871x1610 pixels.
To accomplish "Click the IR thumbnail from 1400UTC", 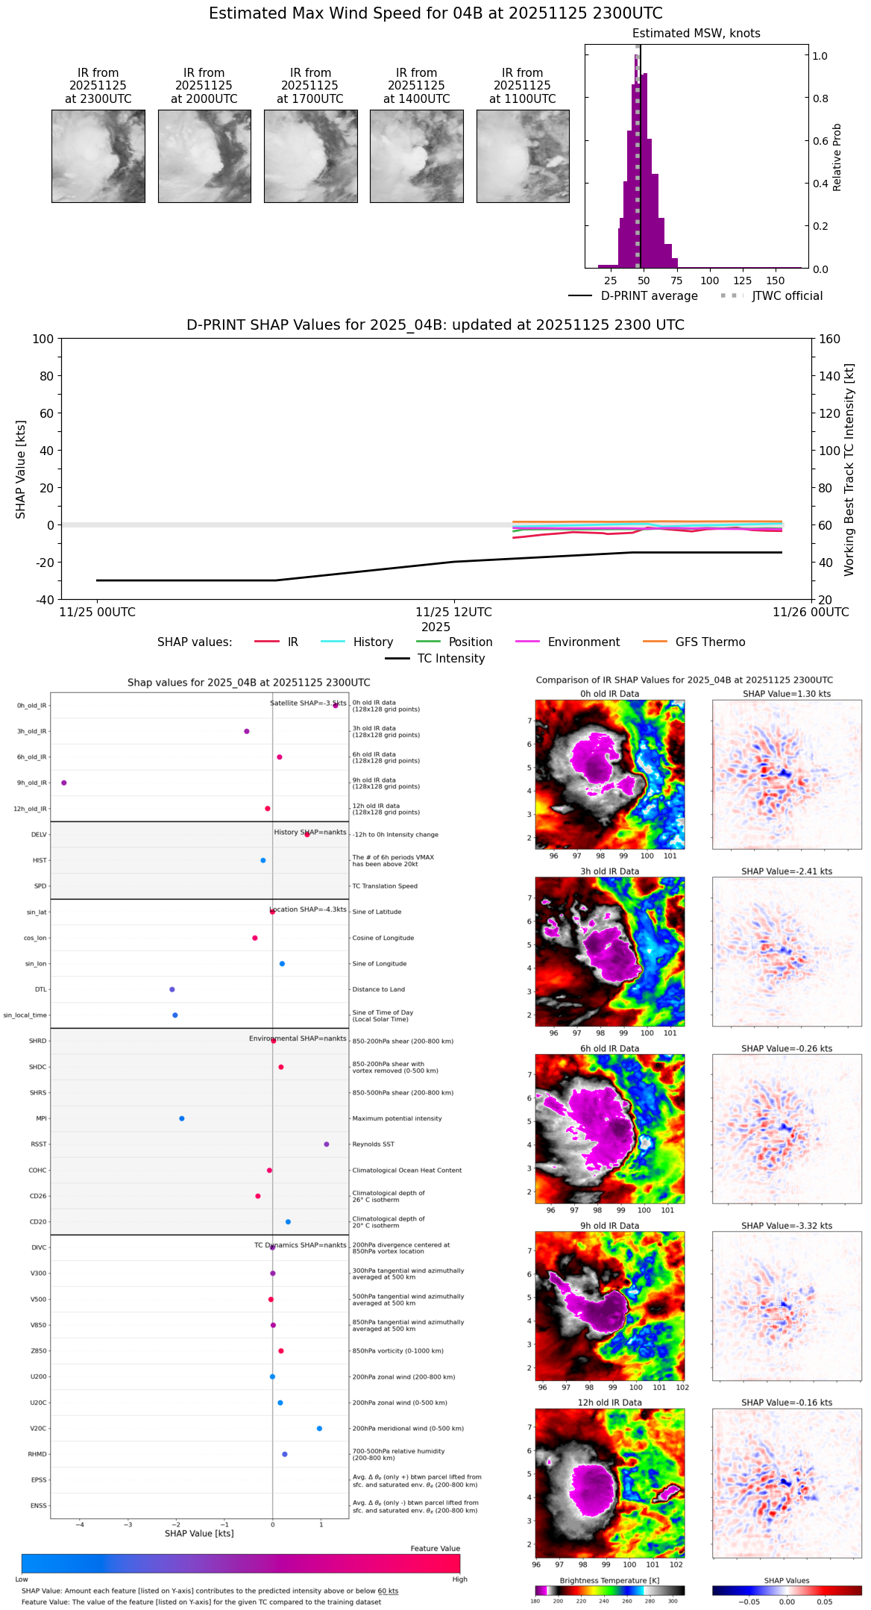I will pos(416,156).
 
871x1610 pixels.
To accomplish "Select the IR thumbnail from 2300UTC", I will pos(98,156).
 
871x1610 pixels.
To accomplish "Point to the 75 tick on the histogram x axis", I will pos(676,281).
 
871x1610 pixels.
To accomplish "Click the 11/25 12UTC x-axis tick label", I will pos(453,613).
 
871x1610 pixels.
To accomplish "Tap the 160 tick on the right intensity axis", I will pos(829,339).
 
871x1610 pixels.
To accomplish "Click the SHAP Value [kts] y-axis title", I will pos(21,469).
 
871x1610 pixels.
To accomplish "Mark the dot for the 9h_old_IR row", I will pos(64,783).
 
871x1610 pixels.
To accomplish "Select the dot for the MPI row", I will pos(182,1118).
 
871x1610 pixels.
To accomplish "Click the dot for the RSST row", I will pos(327,1144).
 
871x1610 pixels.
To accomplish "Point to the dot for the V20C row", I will pos(319,1428).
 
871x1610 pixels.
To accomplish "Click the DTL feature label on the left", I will pos(40,989).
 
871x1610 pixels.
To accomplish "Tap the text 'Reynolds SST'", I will pos(373,1144).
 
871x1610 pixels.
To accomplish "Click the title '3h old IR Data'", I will pos(609,871).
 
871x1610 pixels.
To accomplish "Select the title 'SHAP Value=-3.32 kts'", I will pos(787,1226).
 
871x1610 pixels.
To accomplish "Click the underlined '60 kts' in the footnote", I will pos(388,1591).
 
